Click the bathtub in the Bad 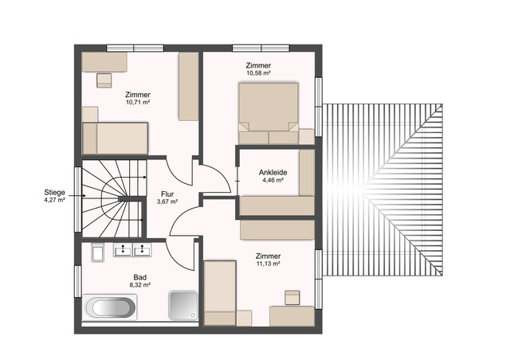(112, 307)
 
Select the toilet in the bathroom (97, 253)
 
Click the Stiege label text (54, 192)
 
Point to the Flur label (167, 194)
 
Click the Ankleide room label (273, 172)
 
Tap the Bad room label (139, 276)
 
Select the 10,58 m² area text (258, 73)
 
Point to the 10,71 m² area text (138, 102)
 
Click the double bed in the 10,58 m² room (269, 113)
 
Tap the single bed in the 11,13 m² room (221, 292)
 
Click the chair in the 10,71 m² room (104, 78)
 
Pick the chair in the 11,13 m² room (292, 298)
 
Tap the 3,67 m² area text (167, 202)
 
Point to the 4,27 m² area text (54, 200)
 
